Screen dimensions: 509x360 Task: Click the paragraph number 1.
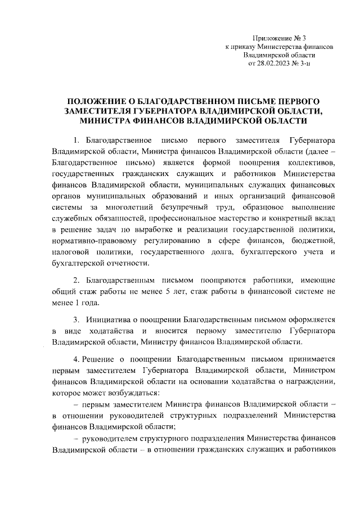coord(76,138)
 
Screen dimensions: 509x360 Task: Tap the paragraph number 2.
coord(76,280)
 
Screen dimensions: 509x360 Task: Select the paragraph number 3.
coord(76,319)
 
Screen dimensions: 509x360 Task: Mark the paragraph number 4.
coord(76,359)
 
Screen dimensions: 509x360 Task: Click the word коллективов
coord(311,163)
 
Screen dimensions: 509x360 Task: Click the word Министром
coord(312,371)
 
